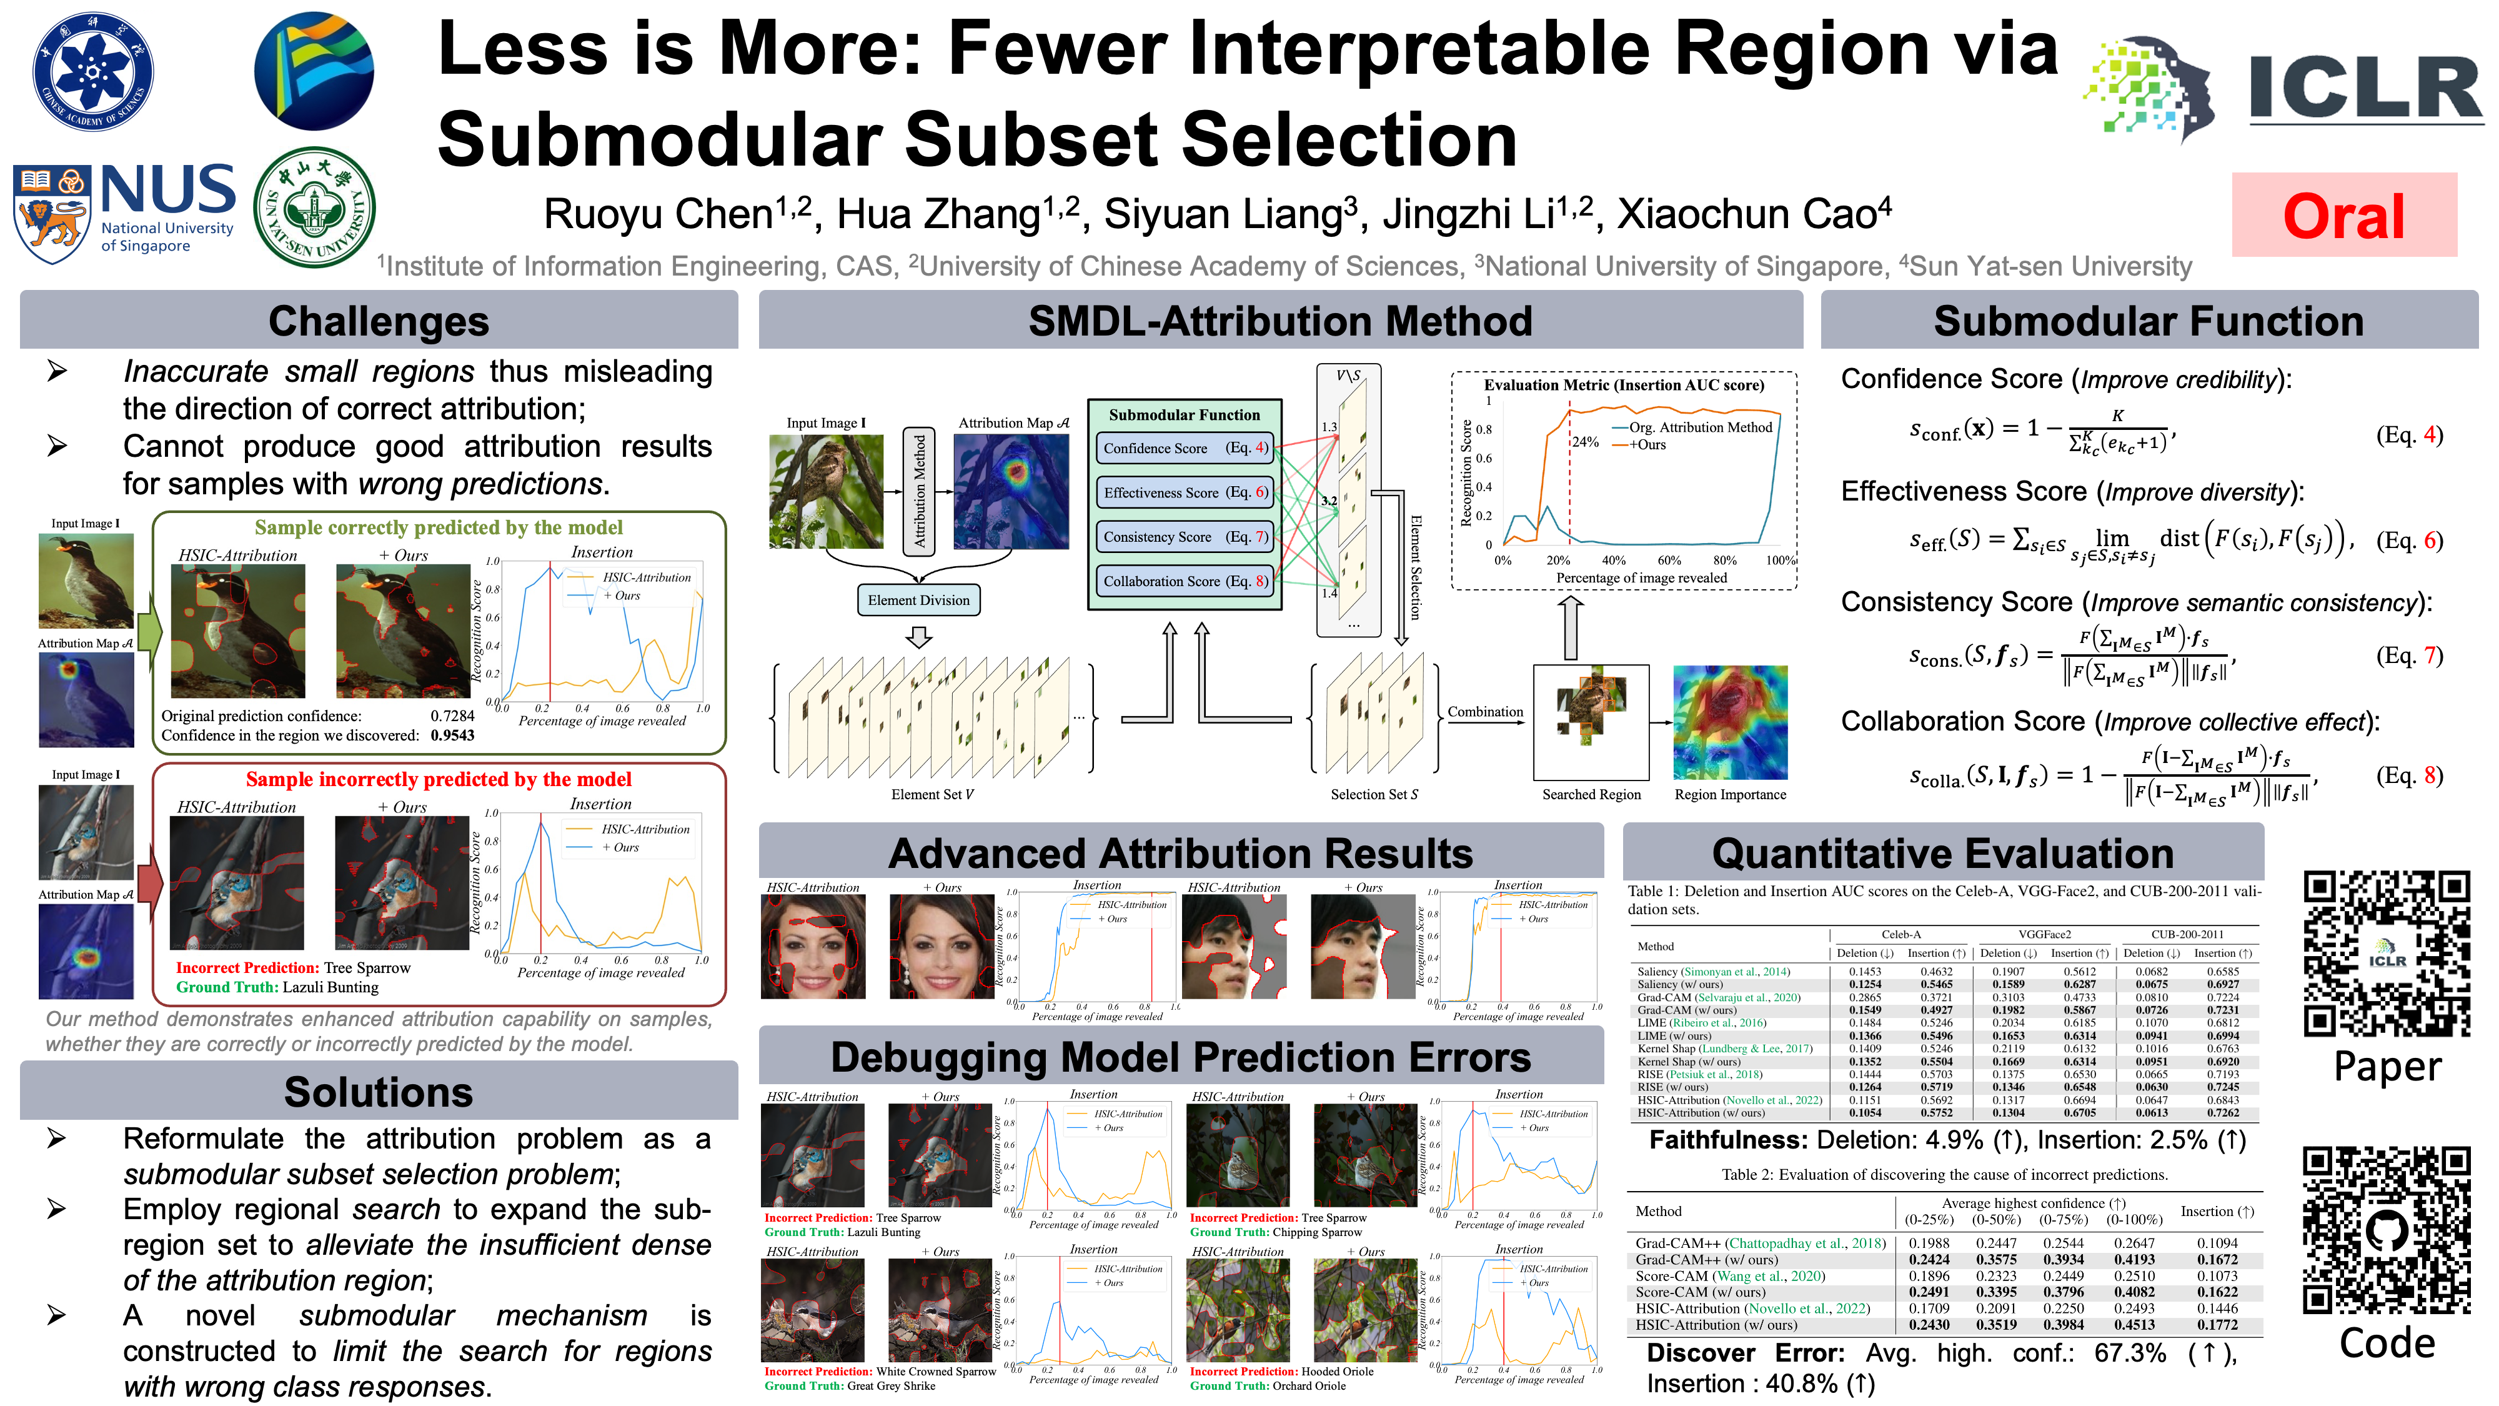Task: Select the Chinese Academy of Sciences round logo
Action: click(92, 71)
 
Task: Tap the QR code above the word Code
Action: click(2387, 1230)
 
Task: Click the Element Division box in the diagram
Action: click(918, 600)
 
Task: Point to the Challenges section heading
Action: click(379, 321)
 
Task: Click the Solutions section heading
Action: click(379, 1092)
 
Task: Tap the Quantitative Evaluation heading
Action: click(1942, 854)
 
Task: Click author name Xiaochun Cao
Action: click(1753, 214)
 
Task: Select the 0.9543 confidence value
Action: click(452, 735)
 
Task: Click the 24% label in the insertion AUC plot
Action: click(1585, 442)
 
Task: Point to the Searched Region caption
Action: click(1591, 795)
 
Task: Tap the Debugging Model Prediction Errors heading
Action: click(1181, 1058)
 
